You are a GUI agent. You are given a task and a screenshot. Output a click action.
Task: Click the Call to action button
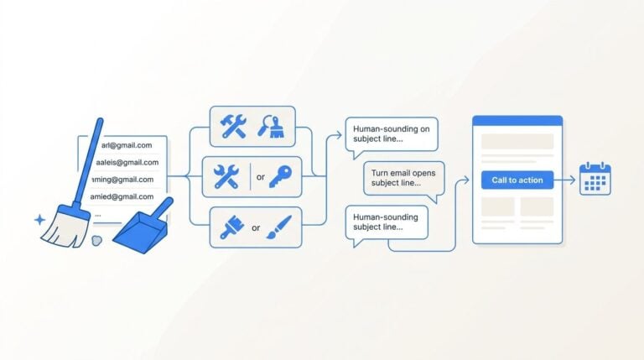pyautogui.click(x=517, y=180)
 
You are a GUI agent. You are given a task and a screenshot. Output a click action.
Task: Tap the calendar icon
pyautogui.click(x=595, y=179)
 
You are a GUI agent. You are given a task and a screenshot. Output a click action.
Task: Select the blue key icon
pyautogui.click(x=281, y=177)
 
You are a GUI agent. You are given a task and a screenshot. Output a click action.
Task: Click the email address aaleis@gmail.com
pyautogui.click(x=127, y=162)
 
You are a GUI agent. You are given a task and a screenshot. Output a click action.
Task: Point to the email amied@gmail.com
pyautogui.click(x=122, y=196)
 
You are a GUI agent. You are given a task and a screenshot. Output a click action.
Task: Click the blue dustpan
pyautogui.click(x=143, y=225)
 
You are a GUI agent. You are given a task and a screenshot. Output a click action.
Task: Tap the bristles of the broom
pyautogui.click(x=65, y=227)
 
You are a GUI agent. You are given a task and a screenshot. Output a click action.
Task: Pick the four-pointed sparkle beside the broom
pyautogui.click(x=40, y=220)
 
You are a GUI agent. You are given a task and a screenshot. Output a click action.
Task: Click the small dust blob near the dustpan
pyautogui.click(x=96, y=240)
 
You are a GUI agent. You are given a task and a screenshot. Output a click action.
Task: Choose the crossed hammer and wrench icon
pyautogui.click(x=233, y=126)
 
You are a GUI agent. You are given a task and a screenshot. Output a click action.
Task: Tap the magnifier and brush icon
pyautogui.click(x=271, y=126)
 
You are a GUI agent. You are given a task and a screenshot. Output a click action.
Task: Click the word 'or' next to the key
pyautogui.click(x=261, y=177)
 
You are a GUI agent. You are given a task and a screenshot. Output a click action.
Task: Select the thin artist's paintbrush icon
pyautogui.click(x=279, y=227)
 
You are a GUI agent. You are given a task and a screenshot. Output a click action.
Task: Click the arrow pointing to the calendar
pyautogui.click(x=565, y=180)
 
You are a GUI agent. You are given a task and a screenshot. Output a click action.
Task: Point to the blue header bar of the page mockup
pyautogui.click(x=517, y=120)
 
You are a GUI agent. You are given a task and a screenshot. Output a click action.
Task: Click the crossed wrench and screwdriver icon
pyautogui.click(x=226, y=177)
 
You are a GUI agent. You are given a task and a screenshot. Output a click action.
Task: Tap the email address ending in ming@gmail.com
pyautogui.click(x=122, y=180)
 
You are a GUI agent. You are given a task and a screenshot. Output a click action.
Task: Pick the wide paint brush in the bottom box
pyautogui.click(x=232, y=227)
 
